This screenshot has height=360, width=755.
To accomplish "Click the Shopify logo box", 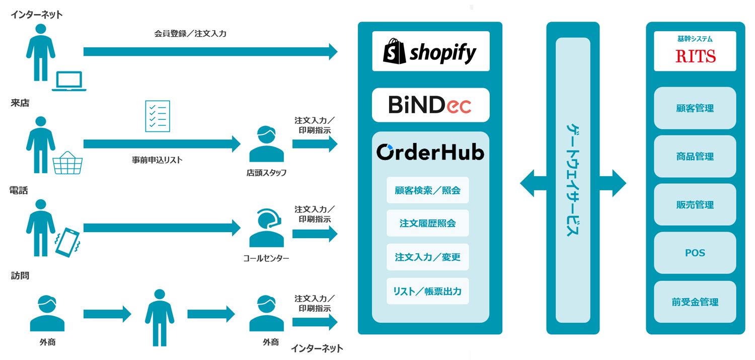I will [x=430, y=51].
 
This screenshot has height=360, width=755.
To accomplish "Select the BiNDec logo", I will [x=430, y=105].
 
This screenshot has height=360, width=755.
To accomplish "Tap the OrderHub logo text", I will [x=430, y=152].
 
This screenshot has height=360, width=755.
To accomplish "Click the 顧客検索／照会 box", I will [x=427, y=190].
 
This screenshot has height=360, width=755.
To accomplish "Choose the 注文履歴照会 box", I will [x=427, y=224].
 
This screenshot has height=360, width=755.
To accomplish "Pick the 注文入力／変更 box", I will [x=427, y=257].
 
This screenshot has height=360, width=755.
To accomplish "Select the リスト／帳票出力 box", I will [x=427, y=291].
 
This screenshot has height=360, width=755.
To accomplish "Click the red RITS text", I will [x=695, y=56].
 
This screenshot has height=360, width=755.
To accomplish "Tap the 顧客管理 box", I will [x=695, y=108].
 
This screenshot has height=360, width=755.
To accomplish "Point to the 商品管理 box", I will [x=695, y=157].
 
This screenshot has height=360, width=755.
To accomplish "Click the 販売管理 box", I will [x=695, y=205].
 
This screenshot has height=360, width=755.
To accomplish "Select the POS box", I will [x=695, y=253].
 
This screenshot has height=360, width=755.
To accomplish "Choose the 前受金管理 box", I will [x=695, y=302].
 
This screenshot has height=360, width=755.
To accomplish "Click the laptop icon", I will [x=69, y=81].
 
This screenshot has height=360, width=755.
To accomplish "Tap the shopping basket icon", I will [x=68, y=163].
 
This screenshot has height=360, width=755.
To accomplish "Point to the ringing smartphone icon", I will [x=67, y=242].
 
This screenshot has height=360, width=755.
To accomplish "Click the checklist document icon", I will [x=158, y=116].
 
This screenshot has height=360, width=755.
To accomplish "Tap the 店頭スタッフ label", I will [x=266, y=173].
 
